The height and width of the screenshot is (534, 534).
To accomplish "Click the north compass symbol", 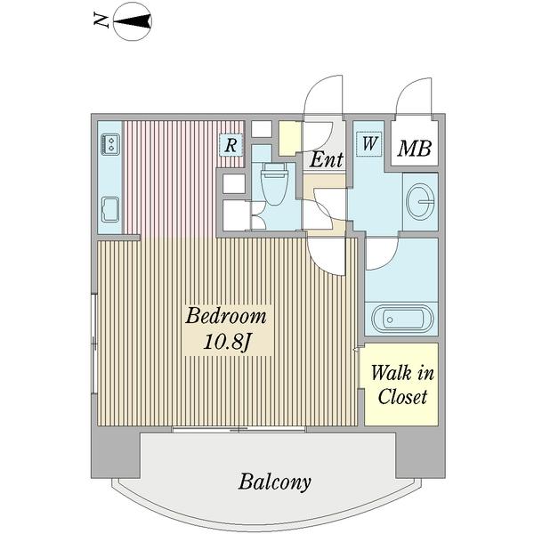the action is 132,21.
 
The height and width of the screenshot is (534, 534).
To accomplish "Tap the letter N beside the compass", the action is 101,21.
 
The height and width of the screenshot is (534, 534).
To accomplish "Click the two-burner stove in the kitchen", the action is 110,144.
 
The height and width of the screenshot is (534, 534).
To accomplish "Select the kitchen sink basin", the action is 110,209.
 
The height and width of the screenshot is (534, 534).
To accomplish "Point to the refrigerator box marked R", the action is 231,145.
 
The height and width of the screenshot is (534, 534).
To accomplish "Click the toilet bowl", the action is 274,184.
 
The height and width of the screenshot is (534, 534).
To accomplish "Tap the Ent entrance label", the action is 326,159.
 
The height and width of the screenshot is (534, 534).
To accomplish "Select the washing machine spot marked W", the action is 369,143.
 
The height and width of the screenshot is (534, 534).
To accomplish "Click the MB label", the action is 415,148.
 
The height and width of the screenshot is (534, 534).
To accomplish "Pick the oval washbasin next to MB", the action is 420,202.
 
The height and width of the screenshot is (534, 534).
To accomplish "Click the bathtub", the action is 402,320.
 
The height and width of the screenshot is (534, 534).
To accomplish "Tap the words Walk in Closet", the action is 402,385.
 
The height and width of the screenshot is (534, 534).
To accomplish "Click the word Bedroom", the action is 226,316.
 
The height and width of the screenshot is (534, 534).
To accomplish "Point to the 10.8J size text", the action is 227,342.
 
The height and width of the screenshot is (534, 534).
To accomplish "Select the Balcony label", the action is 274,482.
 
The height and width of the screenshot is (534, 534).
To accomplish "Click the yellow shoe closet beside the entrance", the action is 290,138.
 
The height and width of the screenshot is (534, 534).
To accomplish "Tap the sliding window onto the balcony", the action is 239,430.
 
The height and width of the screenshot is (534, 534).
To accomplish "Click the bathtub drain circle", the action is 390,320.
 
